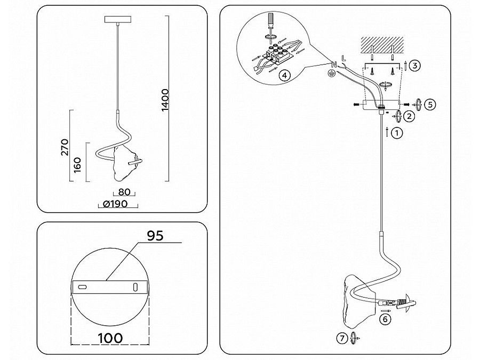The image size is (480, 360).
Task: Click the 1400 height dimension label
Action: tap(165, 100)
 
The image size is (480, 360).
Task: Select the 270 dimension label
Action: tap(65, 147)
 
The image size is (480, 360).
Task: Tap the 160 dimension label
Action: tap(77, 165)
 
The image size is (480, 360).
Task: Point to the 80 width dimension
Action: tap(124, 192)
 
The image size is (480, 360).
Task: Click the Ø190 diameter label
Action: tap(115, 204)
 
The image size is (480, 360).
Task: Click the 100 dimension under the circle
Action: tap(110, 338)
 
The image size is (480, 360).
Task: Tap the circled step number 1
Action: tap(397, 133)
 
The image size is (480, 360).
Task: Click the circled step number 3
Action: tap(414, 66)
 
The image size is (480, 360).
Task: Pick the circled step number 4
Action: tap(284, 75)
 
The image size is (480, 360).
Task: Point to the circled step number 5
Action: tap(430, 105)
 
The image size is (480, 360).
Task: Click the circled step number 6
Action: tap(385, 319)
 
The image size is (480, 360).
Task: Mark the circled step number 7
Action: tap(342, 338)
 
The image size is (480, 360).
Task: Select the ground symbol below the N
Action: tap(331, 73)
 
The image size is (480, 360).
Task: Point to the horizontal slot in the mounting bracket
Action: tap(83, 287)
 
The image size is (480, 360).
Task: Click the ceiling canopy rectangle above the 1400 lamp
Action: tap(117, 20)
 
